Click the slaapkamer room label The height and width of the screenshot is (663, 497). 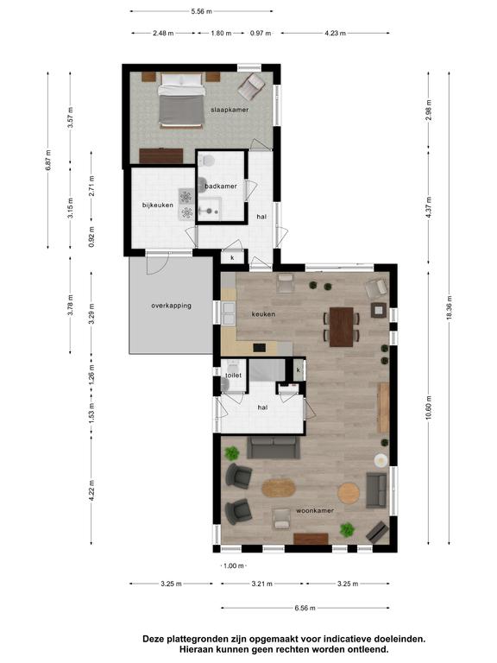230,110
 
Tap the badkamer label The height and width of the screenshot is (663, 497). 221,186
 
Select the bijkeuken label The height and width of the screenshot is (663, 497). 158,205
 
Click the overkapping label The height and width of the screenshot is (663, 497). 171,306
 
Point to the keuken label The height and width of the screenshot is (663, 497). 263,314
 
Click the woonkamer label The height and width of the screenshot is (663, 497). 315,511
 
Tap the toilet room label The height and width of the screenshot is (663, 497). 234,376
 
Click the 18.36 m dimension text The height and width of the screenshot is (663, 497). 450,307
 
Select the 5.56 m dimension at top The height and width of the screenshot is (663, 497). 201,11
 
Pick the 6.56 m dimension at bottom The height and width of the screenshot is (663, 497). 305,609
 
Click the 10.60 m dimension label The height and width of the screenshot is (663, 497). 429,408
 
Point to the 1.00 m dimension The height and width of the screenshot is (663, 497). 234,565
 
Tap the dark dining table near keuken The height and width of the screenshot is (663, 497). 342,327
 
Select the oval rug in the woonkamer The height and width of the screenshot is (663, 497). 278,488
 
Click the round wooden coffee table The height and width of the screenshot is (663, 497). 349,493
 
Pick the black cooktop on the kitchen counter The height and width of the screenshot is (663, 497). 260,348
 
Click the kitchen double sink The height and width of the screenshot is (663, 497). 229,313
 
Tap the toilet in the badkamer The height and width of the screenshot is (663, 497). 207,161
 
